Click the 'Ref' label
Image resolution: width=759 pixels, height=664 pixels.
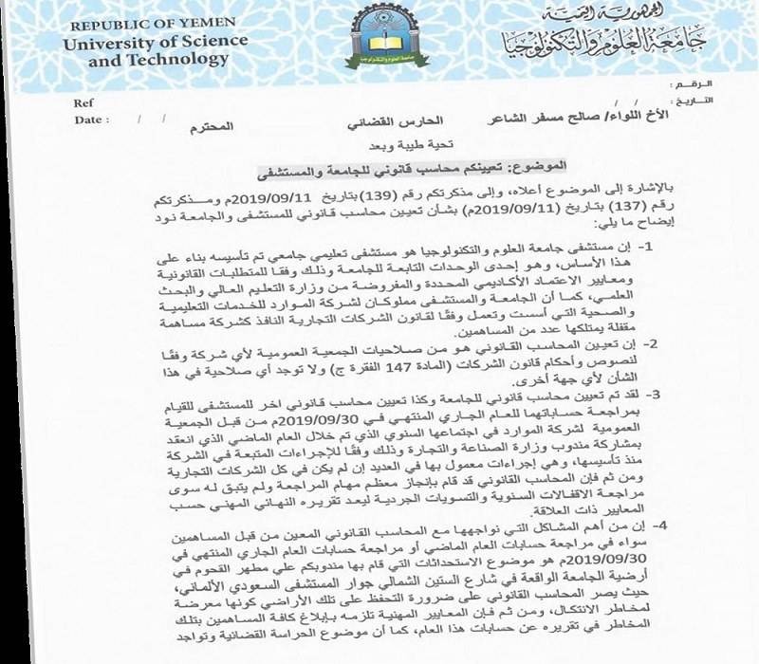(83, 103)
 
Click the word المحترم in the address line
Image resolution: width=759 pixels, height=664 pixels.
(241, 127)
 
